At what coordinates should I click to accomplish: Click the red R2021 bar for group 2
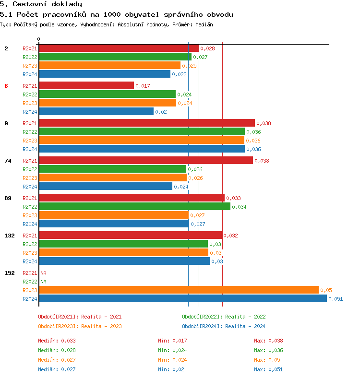tap(119, 48)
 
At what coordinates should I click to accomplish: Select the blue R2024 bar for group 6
tap(96, 112)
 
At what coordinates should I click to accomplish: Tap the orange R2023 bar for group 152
tap(179, 290)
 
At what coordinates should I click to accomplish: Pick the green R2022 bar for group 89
tap(134, 207)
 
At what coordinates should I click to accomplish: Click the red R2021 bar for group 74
tap(145, 161)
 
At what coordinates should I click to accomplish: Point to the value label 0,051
tap(336, 299)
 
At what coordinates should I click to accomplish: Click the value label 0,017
tap(143, 86)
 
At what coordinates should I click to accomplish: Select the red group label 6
tap(6, 86)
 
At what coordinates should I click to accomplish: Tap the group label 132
tap(9, 236)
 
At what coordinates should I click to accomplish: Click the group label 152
tap(9, 273)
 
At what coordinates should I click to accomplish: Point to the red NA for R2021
tap(43, 273)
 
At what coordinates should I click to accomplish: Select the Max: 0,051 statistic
tap(268, 369)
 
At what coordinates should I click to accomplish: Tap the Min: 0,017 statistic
tap(172, 341)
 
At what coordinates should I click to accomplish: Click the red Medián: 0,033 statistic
tap(57, 341)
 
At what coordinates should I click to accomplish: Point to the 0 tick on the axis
tap(39, 39)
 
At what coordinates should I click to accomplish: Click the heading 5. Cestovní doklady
tap(41, 4)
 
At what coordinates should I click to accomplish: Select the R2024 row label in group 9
tap(30, 149)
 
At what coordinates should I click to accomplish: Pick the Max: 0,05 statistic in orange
tap(267, 360)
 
